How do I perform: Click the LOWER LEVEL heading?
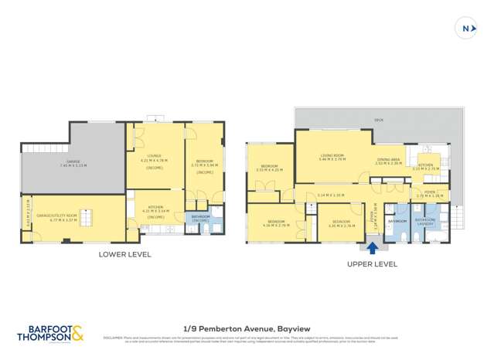[124, 254]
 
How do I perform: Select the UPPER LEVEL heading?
[372, 263]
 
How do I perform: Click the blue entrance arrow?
[373, 248]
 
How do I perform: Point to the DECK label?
[379, 121]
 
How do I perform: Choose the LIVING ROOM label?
[333, 157]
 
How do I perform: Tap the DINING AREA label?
[388, 161]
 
